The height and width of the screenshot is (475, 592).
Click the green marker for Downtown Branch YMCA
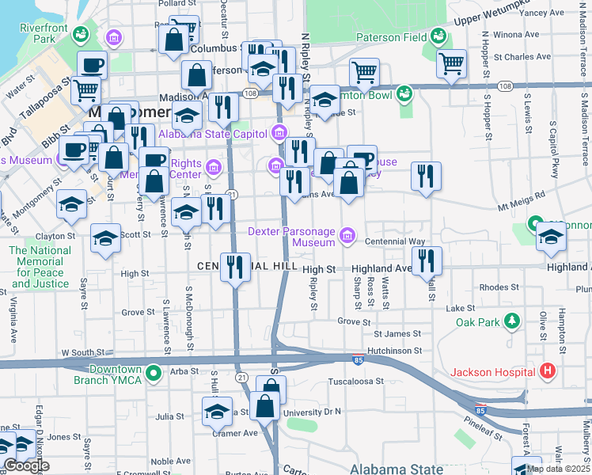(x=155, y=371)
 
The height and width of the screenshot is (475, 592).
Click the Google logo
(x=26, y=465)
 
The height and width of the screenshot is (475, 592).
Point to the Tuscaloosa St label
(x=356, y=381)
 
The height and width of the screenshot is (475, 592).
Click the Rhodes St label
(x=492, y=287)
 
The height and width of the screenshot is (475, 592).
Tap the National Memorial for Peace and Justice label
(x=40, y=267)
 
